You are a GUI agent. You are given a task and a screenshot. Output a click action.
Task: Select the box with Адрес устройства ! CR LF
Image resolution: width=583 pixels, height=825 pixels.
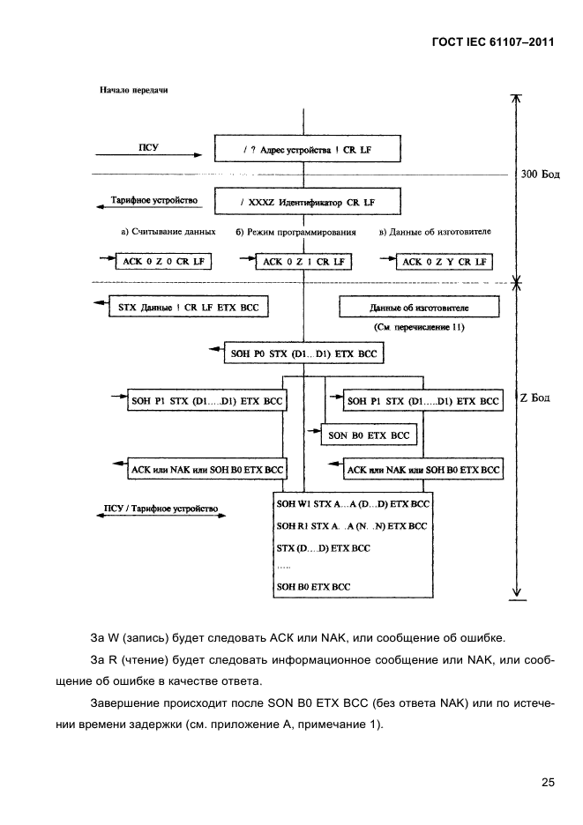(x=306, y=151)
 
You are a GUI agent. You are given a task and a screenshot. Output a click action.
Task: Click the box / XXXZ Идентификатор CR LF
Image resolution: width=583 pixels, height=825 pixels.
(x=306, y=204)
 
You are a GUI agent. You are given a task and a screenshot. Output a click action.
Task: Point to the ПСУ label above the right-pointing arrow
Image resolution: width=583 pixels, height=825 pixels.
(x=147, y=145)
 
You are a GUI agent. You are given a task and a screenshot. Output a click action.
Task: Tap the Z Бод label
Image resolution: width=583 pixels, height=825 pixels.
(x=534, y=398)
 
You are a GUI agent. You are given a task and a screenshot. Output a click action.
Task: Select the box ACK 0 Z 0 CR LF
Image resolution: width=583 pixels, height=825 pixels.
(x=156, y=262)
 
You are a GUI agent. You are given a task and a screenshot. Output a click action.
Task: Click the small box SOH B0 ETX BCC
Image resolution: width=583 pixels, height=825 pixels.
(x=369, y=435)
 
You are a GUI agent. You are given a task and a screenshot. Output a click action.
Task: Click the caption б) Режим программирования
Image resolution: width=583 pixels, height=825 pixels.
(x=295, y=232)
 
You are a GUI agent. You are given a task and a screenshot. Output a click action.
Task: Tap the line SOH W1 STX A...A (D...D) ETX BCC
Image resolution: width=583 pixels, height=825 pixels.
(x=353, y=503)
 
